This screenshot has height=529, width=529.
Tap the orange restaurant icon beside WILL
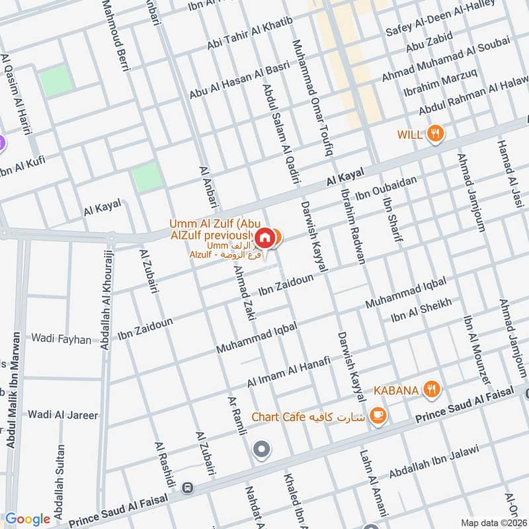coord(434,134)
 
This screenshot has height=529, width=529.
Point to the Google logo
coord(28,519)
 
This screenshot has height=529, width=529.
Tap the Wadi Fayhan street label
coord(61,339)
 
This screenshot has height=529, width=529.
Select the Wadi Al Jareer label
coord(63,415)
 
